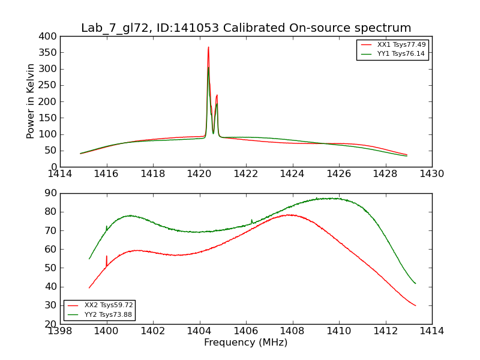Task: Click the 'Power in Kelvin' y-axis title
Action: [31, 101]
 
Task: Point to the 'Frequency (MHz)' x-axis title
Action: [246, 343]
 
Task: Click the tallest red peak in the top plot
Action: [208, 47]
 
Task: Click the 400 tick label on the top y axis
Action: [49, 36]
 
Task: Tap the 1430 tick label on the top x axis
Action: [432, 173]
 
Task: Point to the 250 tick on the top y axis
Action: [49, 85]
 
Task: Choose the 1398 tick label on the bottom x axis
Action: [61, 331]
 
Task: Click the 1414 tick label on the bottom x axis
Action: [432, 331]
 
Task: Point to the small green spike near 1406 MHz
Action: [251, 221]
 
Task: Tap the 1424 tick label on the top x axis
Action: [293, 173]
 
